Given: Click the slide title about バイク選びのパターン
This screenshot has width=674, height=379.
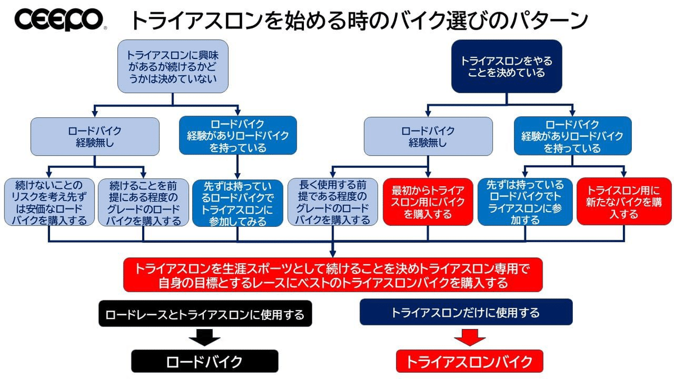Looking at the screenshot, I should (x=359, y=21).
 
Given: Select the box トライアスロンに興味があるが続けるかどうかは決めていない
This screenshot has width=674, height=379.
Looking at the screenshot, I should (x=172, y=66).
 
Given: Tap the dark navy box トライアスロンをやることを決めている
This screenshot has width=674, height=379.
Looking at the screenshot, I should (x=507, y=66).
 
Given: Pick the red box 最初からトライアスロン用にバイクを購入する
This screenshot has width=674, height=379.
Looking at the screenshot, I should (x=428, y=202).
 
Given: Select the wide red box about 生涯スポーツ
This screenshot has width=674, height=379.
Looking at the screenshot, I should (x=333, y=275).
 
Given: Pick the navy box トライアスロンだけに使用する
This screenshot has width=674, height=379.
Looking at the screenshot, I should (x=466, y=312).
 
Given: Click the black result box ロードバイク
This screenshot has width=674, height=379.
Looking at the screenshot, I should (x=205, y=361).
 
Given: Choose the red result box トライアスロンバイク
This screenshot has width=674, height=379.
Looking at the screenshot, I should (x=470, y=361).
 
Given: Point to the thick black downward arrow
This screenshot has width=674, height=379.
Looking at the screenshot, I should (x=204, y=337).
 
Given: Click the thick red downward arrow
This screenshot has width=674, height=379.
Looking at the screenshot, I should (x=469, y=337).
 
